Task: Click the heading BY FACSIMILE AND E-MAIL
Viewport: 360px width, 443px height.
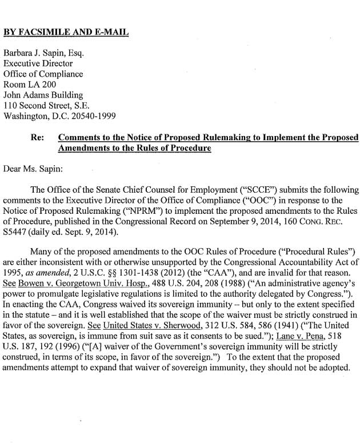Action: click(x=66, y=32)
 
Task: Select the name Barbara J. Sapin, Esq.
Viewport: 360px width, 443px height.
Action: click(x=44, y=53)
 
